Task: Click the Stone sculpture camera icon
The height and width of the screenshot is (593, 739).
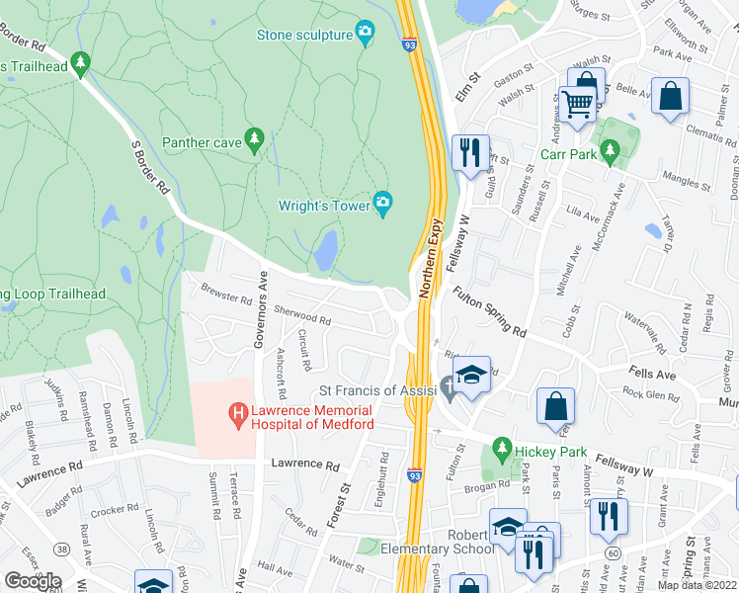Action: (x=366, y=35)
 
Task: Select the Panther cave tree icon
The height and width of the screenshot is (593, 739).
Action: (x=255, y=141)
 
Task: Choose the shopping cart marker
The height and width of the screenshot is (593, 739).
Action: (x=577, y=102)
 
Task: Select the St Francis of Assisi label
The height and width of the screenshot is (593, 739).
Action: (x=376, y=390)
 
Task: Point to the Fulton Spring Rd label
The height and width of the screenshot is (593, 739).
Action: (x=490, y=311)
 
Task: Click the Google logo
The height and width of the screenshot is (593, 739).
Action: (x=33, y=580)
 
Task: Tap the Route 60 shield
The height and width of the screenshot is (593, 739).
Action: (x=614, y=553)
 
